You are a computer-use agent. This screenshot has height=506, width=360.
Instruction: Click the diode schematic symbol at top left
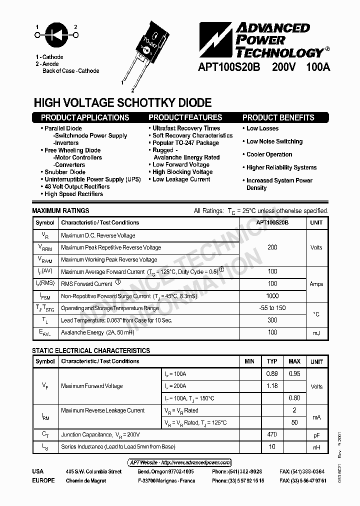[56, 35]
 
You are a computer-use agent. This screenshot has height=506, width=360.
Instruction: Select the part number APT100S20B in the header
[229, 68]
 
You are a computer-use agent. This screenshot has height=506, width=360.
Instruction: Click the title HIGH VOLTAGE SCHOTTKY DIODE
[122, 103]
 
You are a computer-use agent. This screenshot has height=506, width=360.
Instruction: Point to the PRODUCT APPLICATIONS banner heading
[85, 118]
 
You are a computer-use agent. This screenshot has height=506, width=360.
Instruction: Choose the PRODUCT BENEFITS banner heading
[278, 118]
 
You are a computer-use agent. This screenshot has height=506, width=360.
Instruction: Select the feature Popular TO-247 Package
[185, 142]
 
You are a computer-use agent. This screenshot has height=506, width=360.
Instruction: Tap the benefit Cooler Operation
[269, 154]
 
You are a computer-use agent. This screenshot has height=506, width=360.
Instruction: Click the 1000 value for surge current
[272, 296]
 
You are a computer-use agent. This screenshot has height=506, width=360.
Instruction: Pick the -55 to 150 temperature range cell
[272, 308]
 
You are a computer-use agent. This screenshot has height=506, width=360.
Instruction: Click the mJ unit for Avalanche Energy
[316, 333]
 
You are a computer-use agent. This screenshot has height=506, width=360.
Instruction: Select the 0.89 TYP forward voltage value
[272, 373]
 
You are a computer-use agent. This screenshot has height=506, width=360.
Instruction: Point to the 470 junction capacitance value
[272, 434]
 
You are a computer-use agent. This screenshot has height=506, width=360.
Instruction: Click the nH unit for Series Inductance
[316, 447]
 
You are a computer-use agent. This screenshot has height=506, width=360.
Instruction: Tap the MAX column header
[294, 361]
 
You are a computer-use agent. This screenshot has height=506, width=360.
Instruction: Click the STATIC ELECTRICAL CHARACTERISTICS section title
[91, 351]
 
